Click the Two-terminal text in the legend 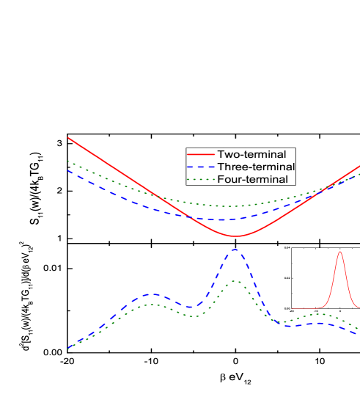coord(251,155)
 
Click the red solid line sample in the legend coord(201,155)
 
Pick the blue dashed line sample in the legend coord(201,167)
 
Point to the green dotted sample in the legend coord(201,179)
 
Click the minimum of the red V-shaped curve coord(235,236)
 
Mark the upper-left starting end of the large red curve coord(68,138)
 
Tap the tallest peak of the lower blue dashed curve coord(235,250)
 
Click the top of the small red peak coord(340,252)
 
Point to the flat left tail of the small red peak coord(301,308)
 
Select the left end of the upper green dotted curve coord(68,160)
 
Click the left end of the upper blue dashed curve coord(68,170)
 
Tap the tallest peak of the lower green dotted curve coord(235,281)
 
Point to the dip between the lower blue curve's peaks coord(194,307)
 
